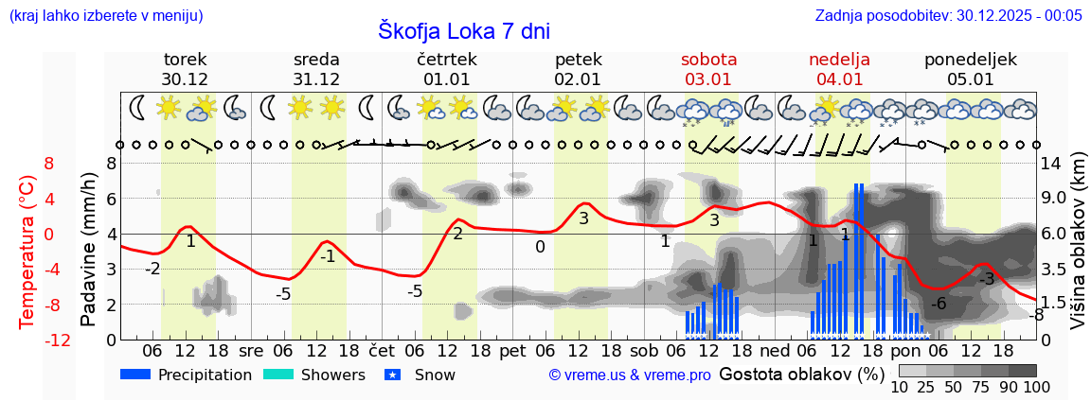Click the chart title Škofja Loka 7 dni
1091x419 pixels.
pos(463,30)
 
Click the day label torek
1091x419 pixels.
pos(185,60)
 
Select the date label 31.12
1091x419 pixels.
pos(315,79)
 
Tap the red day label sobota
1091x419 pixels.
pos(708,60)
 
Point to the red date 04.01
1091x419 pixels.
pos(839,79)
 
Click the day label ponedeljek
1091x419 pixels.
pos(971,60)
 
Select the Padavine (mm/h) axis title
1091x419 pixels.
pos(88,250)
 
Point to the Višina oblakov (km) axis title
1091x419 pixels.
pos(1078,252)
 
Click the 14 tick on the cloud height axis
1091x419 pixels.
pos(1053,163)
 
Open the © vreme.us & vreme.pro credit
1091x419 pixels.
pos(630,375)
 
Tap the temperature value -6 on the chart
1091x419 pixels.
pos(939,304)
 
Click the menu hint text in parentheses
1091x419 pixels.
pos(104,15)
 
